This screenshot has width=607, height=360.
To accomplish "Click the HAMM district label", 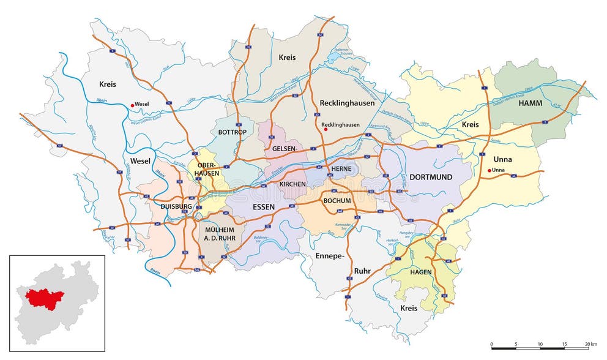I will point(530,103).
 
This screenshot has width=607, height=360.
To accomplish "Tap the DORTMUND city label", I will point(431,177).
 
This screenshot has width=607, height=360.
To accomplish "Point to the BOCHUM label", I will point(337,200).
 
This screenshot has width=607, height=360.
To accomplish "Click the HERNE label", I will point(340,168).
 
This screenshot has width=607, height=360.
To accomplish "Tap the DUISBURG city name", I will point(176,207).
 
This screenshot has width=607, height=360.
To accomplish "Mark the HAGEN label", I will point(421,272).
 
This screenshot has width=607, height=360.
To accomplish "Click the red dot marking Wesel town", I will point(130,104).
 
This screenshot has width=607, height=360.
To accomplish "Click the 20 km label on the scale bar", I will point(590,345).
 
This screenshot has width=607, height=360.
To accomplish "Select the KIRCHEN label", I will point(292,184).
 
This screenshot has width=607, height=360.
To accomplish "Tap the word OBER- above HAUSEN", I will point(206,164).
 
